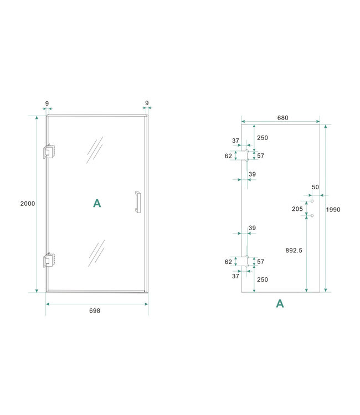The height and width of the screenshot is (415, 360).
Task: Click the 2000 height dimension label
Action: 27,204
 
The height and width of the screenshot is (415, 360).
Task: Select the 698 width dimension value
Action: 95,311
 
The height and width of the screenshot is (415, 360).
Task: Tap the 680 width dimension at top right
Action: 282,118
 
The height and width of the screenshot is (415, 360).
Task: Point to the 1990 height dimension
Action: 333,210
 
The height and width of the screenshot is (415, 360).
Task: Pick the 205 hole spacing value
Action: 297,209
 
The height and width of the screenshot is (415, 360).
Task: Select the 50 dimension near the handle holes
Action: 315,188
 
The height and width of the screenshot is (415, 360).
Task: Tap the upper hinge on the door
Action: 49,152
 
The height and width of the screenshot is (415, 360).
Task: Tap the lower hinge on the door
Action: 49,261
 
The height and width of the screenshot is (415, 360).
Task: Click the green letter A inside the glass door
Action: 97,204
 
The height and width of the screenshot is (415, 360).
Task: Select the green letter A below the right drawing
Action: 280,303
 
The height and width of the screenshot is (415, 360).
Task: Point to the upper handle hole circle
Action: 312,201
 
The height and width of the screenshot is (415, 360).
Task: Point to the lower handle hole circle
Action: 312,215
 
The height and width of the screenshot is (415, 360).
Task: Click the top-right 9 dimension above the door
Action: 147,103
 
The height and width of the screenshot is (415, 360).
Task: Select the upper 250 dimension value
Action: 263,138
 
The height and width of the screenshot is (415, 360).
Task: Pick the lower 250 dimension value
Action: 263,279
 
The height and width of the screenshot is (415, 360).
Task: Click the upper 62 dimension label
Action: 228,156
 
